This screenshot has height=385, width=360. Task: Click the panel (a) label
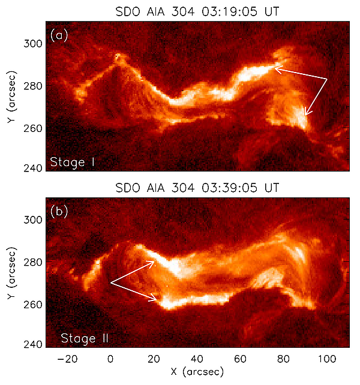tap(59, 35)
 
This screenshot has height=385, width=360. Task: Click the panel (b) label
tap(59, 211)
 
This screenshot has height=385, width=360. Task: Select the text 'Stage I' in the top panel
tap(73, 162)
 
